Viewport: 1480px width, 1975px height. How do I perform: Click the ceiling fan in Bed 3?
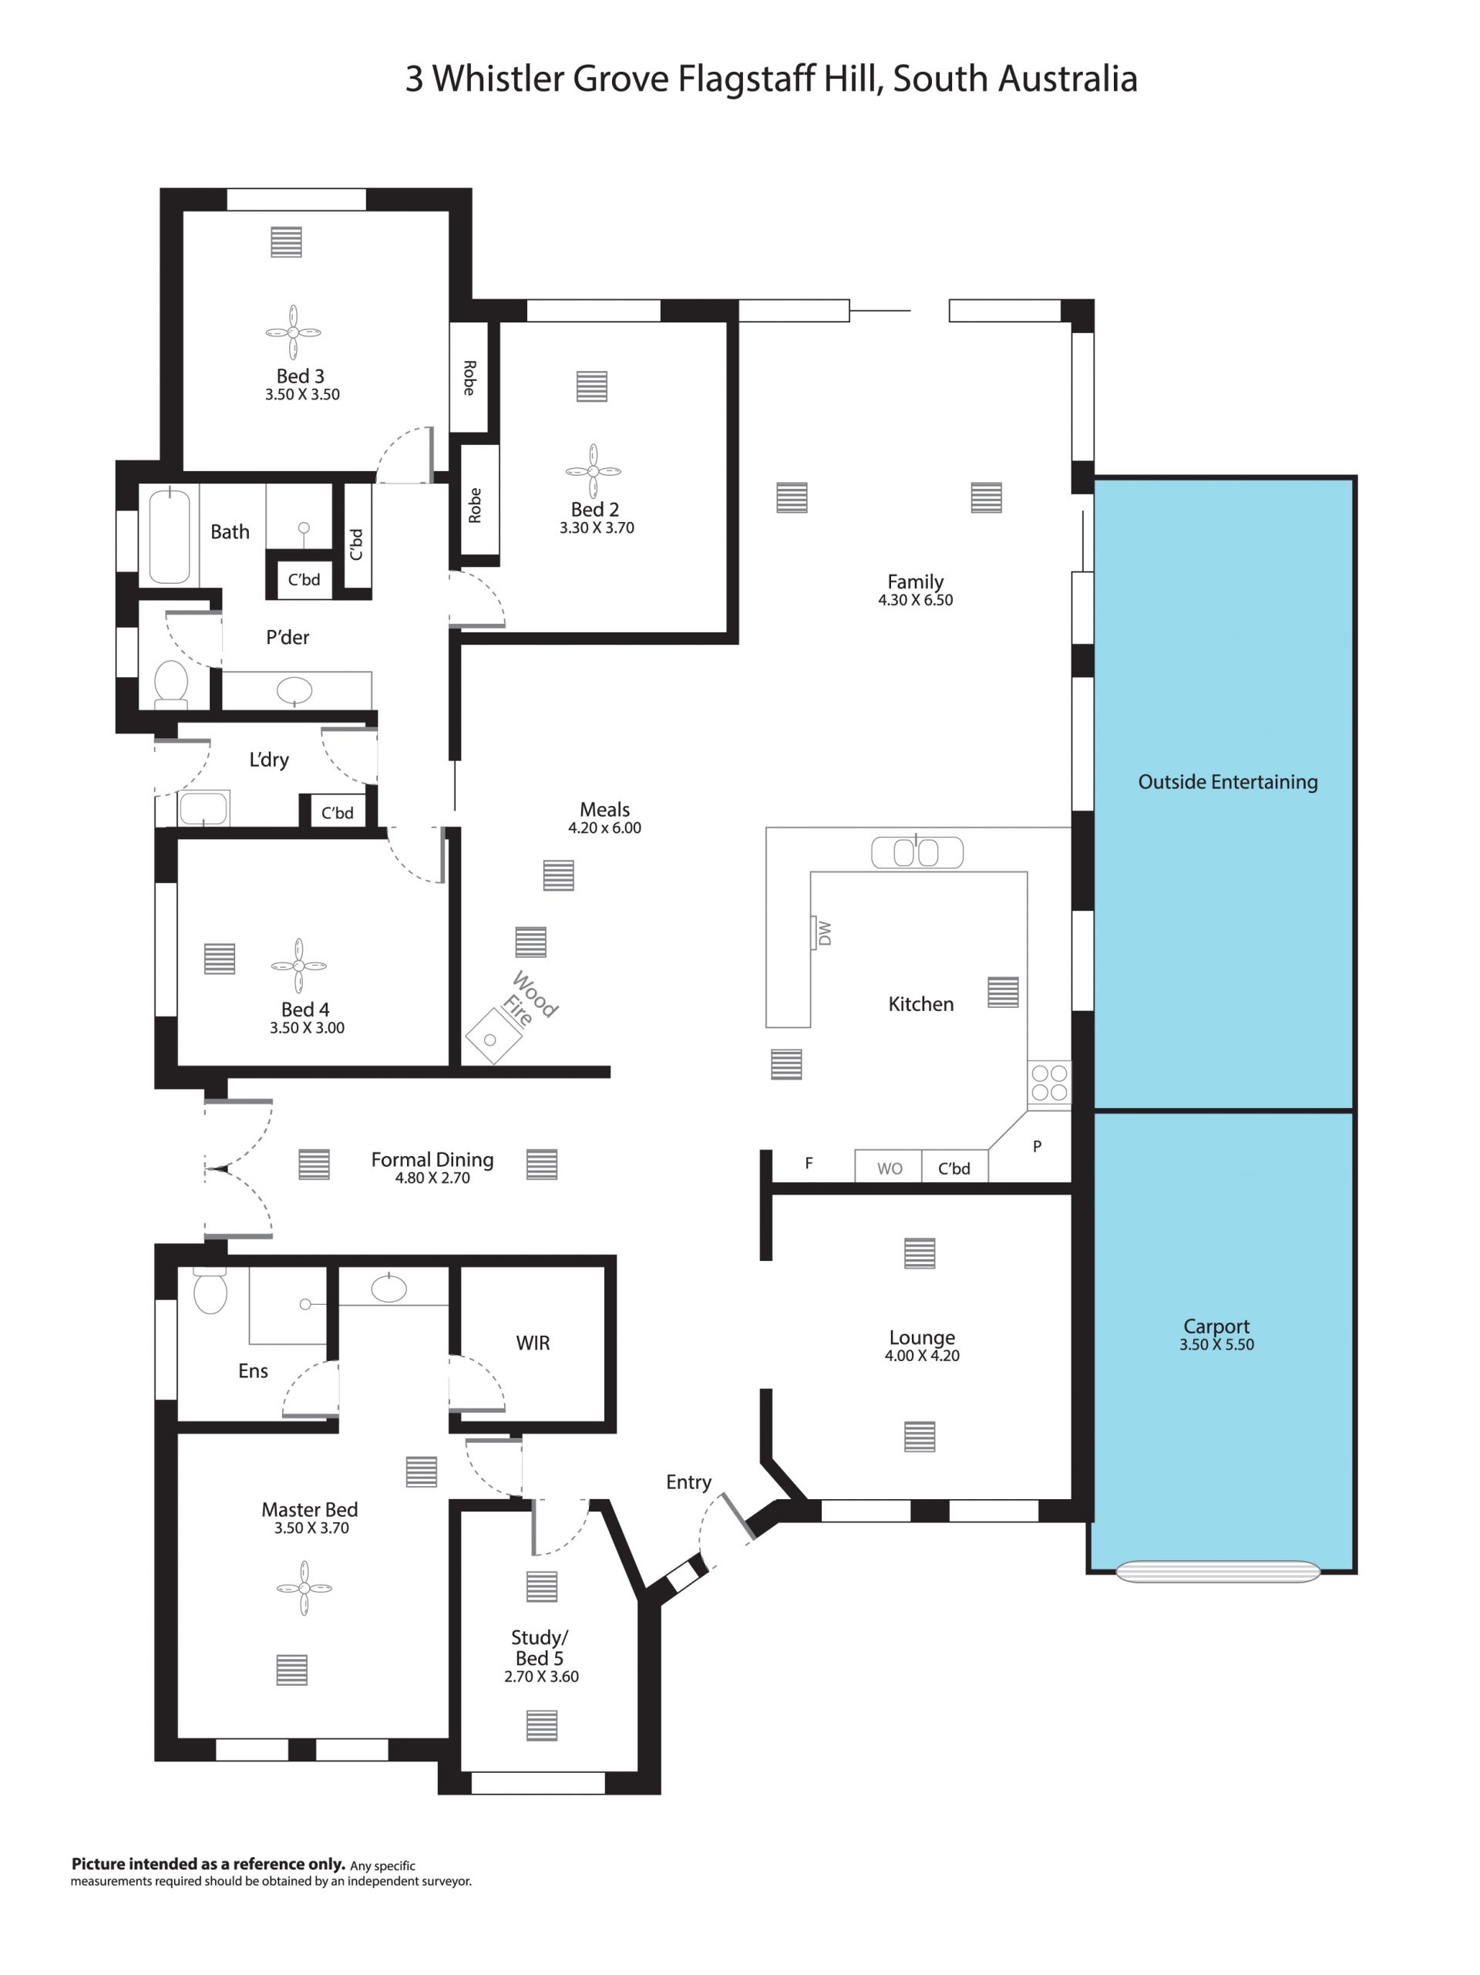294,332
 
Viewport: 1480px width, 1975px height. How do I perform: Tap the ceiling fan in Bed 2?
593,470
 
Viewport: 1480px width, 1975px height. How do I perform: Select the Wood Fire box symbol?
493,1036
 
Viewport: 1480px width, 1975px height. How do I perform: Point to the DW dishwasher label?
825,933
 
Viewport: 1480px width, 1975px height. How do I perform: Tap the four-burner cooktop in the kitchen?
1049,1083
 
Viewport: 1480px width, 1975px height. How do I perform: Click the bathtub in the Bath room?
169,536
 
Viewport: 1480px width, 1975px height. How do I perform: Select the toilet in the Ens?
210,1290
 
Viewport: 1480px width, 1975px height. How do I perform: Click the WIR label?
533,1343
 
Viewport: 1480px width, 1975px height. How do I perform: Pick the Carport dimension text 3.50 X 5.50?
1216,1345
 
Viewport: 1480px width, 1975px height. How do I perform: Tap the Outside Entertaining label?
1227,782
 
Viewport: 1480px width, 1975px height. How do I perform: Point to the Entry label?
688,1483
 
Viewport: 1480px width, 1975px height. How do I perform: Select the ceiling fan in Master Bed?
304,1589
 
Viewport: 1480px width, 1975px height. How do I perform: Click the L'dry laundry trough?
204,808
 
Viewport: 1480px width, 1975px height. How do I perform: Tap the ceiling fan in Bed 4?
299,966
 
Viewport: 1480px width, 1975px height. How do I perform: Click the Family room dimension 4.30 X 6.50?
915,600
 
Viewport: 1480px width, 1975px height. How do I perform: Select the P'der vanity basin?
295,690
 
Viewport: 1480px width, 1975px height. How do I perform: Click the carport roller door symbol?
1218,1572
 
